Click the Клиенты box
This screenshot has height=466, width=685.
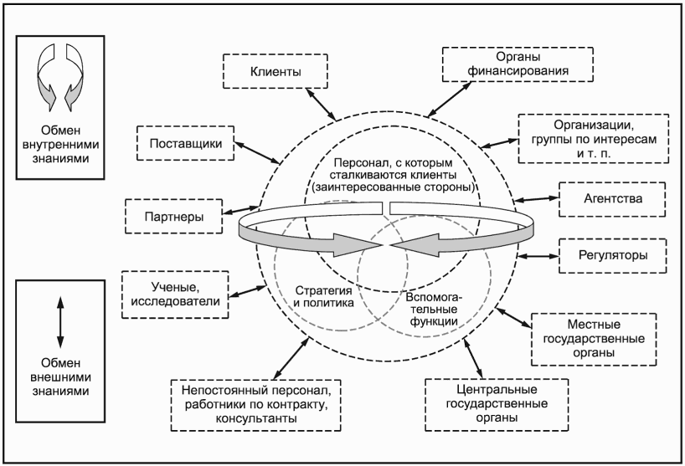pos(276,71)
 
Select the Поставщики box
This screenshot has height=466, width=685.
pos(185,143)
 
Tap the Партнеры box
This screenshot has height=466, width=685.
pos(174,217)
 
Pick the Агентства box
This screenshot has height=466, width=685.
pos(612,199)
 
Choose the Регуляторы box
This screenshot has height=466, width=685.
pos(613,255)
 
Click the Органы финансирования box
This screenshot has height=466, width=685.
pos(518,64)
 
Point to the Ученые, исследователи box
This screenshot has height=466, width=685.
pos(175,294)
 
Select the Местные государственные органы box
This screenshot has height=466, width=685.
pos(594,339)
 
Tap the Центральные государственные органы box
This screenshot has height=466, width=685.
pos(497,404)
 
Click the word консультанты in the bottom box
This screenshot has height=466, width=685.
pos(256,418)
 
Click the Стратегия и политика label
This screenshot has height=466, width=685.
pos(323,297)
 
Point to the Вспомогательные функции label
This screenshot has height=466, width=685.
pos(432,310)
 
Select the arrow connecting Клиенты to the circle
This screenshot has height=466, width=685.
pos(321,104)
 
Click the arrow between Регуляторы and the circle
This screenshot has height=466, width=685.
pos(538,256)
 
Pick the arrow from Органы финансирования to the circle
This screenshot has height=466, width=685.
pos(449,99)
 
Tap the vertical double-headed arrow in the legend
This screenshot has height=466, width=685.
pos(60,322)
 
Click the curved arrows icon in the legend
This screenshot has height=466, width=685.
pos(60,77)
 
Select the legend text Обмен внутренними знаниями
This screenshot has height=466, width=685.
pos(60,145)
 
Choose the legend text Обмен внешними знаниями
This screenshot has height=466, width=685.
pos(60,377)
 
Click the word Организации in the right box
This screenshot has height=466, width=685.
pos(593,125)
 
